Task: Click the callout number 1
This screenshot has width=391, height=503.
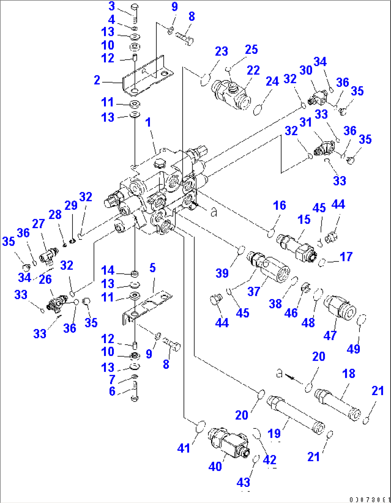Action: (148, 123)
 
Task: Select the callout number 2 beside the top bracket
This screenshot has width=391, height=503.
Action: (97, 80)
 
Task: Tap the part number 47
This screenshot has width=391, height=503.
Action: (330, 336)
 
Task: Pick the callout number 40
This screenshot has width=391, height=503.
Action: (215, 466)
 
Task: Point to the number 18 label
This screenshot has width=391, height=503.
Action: (348, 374)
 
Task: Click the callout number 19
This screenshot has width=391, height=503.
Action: (274, 433)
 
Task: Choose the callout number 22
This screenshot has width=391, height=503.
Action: (253, 70)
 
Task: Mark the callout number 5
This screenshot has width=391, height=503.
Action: (152, 268)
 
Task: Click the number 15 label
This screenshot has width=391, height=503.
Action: (304, 219)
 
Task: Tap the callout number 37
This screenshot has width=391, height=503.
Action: (254, 291)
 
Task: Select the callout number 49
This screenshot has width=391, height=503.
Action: (353, 348)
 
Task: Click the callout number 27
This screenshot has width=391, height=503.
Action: (38, 224)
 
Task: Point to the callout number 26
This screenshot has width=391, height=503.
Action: (45, 279)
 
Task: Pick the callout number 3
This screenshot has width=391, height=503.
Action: (112, 6)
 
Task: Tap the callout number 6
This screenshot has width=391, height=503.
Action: (112, 391)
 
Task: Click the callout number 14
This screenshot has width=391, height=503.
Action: (108, 270)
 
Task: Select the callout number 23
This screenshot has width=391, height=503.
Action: (221, 51)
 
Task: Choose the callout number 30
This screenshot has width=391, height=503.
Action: (306, 70)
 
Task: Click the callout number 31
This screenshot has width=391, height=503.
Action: (306, 123)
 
